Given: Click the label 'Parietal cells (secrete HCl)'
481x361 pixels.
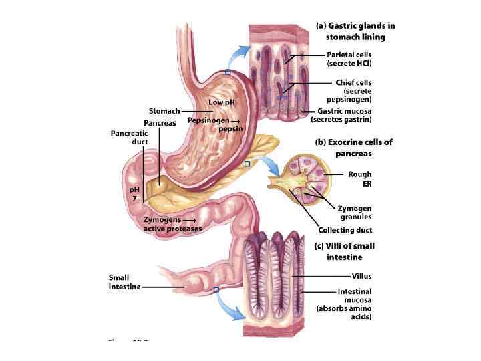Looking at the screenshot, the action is [349, 59].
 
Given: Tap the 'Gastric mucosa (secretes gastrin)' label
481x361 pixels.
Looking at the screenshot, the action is [341, 115].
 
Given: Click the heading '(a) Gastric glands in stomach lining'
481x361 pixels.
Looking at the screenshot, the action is [355, 31].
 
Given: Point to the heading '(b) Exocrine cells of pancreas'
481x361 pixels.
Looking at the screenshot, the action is [353, 148].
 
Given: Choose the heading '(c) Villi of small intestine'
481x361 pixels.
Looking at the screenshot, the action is [344, 251].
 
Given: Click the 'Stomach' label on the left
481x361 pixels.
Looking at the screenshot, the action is [164, 110].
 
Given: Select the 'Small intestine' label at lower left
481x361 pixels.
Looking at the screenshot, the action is [124, 282].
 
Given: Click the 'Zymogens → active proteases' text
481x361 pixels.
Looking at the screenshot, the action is [172, 224].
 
